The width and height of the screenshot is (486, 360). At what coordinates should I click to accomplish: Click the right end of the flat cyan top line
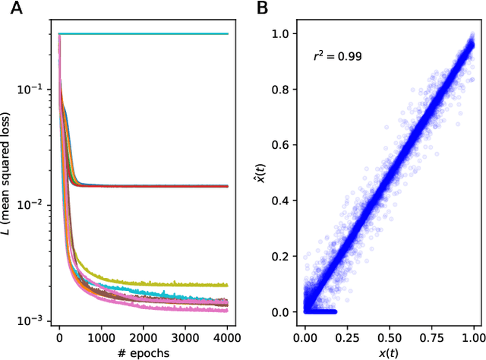[x=227, y=33]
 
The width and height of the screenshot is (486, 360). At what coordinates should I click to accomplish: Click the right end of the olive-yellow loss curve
[x=227, y=285]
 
